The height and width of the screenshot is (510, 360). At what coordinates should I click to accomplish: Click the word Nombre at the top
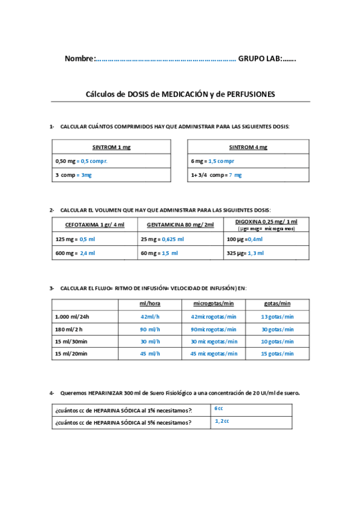(79, 58)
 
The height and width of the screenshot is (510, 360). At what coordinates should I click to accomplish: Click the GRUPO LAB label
(261, 58)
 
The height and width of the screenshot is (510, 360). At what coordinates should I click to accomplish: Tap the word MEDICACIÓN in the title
(183, 94)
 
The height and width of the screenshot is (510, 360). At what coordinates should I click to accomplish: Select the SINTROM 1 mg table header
(111, 147)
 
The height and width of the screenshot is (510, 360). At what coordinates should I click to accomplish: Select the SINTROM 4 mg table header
(248, 147)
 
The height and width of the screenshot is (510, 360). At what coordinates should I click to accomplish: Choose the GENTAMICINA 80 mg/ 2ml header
(180, 225)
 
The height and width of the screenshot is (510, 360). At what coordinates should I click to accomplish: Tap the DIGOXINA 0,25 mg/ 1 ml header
(266, 221)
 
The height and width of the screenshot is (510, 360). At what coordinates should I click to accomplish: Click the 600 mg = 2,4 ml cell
(75, 253)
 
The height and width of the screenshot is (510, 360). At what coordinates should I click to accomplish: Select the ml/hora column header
(150, 304)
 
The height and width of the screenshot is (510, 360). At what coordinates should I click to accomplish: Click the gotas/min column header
(277, 304)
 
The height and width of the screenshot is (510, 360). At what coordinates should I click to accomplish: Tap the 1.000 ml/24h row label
(72, 316)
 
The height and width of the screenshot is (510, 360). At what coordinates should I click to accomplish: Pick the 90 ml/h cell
(150, 329)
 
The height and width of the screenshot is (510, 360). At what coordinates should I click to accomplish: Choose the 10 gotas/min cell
(277, 342)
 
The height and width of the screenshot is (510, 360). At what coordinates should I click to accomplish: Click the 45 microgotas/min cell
(213, 354)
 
